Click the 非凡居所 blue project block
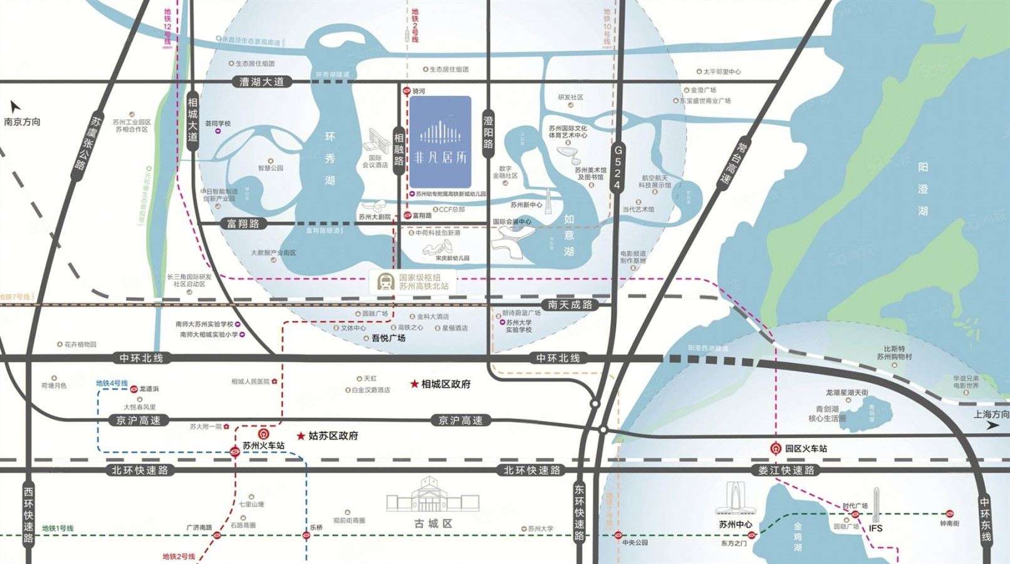440,142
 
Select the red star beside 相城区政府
414,384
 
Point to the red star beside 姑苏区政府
301,436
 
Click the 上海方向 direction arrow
992,426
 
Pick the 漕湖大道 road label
261,81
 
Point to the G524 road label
618,167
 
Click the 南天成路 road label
570,305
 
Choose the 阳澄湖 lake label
922,189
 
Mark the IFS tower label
875,528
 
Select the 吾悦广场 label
384,338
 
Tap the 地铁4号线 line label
112,383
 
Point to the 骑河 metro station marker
407,91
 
